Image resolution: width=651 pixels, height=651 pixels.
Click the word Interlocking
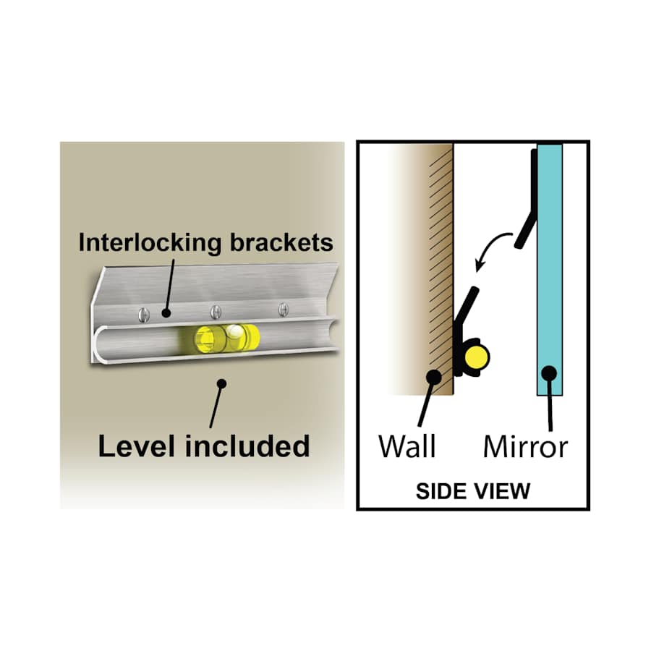pyautogui.click(x=150, y=243)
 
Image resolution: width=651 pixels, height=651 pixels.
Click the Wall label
pyautogui.click(x=407, y=447)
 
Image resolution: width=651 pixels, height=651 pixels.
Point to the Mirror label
pyautogui.click(x=525, y=447)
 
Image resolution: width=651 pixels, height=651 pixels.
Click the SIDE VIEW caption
pyautogui.click(x=473, y=491)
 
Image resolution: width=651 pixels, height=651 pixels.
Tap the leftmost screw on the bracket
pyautogui.click(x=143, y=315)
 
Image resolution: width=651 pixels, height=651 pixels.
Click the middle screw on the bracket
pyautogui.click(x=216, y=311)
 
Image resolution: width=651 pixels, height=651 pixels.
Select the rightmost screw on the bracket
pyautogui.click(x=284, y=309)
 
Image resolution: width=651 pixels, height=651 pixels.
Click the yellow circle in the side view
pyautogui.click(x=476, y=357)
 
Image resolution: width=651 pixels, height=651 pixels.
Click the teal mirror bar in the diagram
pyautogui.click(x=550, y=270)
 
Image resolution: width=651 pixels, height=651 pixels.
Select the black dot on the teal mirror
pyautogui.click(x=549, y=373)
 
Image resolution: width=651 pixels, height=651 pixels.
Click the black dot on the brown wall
pyautogui.click(x=434, y=377)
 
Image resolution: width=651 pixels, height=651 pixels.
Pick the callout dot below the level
pyautogui.click(x=222, y=383)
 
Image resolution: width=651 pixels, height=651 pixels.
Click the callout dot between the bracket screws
pyautogui.click(x=166, y=313)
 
